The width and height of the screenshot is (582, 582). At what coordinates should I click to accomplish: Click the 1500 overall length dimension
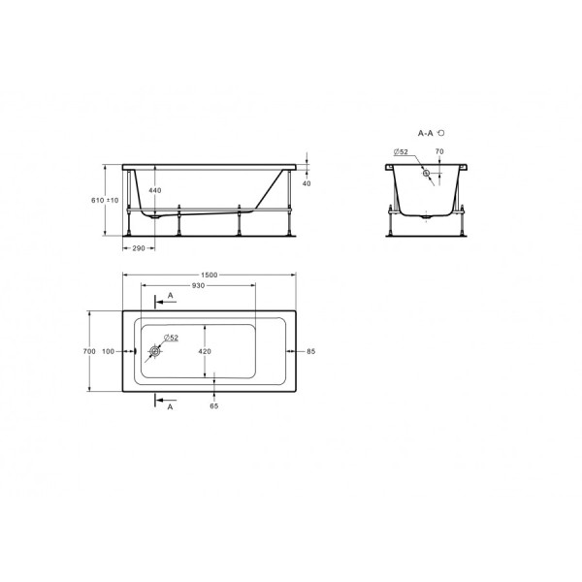209,275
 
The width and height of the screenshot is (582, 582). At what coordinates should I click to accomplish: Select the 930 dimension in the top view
198,286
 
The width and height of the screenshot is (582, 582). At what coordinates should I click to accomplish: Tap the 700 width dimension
88,351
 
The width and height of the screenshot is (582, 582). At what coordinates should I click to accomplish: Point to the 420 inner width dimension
205,351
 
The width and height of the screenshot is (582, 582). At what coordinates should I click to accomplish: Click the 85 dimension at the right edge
312,351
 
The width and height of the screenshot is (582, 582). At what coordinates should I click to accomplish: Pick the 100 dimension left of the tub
107,351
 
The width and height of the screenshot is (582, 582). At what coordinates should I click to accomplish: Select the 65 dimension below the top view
214,405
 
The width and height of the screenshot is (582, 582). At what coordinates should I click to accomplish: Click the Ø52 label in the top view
170,337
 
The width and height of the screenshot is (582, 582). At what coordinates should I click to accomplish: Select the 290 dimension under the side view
138,249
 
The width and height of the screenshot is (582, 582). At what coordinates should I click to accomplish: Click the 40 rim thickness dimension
307,182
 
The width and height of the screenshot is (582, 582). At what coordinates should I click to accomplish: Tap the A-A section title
427,130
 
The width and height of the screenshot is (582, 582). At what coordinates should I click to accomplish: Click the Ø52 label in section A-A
400,151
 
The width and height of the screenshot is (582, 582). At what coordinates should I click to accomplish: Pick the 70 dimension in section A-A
438,151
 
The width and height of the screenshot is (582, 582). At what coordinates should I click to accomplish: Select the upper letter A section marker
172,294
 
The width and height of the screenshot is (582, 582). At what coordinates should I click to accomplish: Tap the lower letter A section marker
172,408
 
